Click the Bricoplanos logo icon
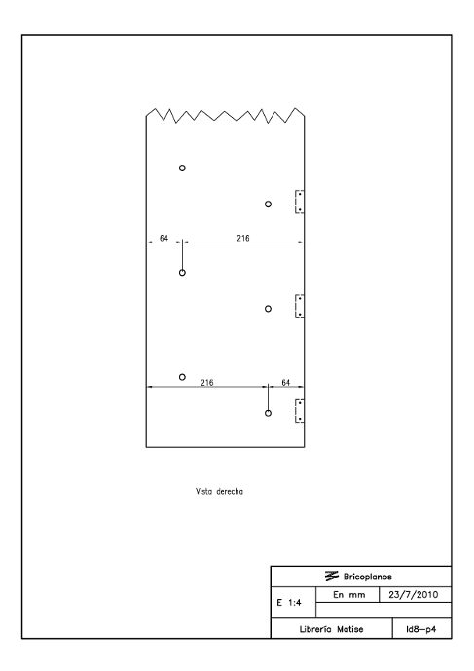[332, 576]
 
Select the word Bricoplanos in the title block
[368, 577]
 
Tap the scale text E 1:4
[289, 603]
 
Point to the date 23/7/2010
[414, 594]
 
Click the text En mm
[348, 594]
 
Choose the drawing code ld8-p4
[420, 629]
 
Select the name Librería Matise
[331, 629]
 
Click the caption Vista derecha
[219, 491]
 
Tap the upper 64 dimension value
[164, 238]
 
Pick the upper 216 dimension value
[243, 238]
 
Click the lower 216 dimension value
[207, 382]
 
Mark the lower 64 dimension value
[286, 382]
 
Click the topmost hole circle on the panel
[182, 166]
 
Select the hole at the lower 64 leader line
[268, 410]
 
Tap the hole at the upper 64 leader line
[182, 270]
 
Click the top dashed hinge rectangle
[295, 202]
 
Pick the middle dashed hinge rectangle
[295, 306]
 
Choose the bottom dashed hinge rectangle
[295, 411]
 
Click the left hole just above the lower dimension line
[182, 374]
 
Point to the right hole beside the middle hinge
[268, 306]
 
